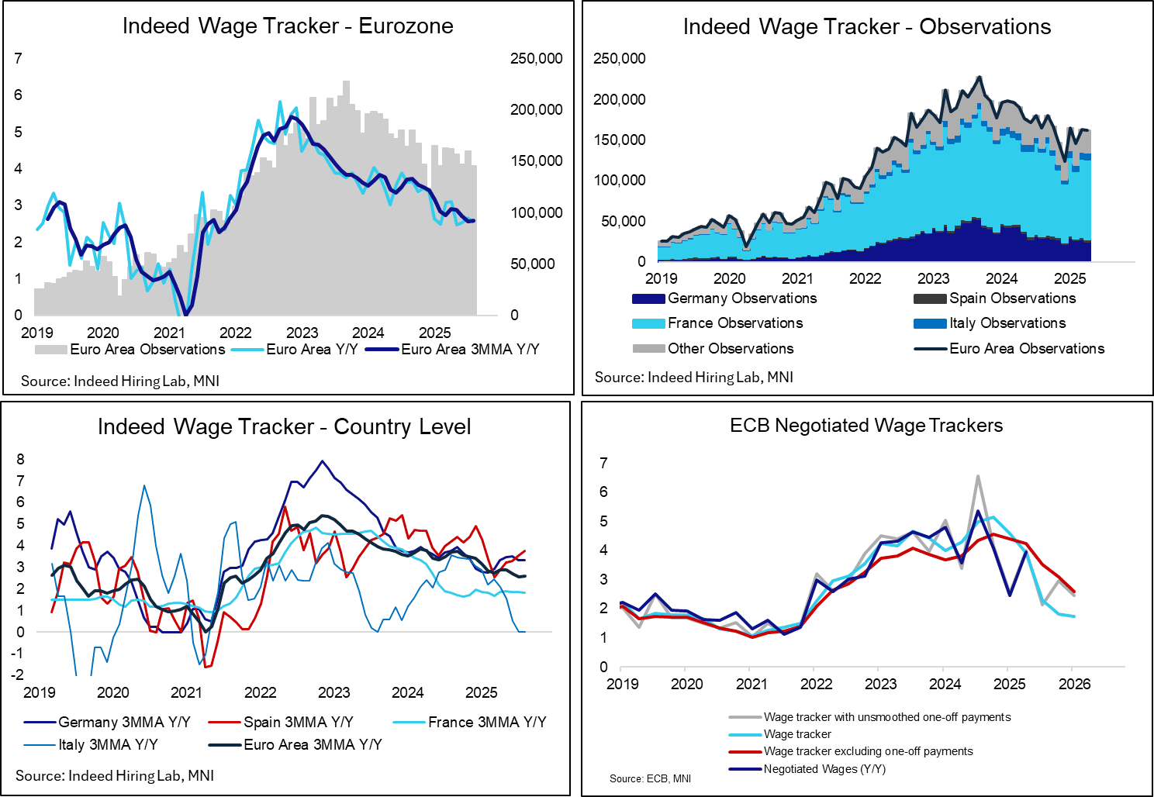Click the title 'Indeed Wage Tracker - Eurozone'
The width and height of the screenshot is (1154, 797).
coord(288,26)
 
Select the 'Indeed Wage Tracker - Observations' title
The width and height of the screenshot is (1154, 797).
coord(866,26)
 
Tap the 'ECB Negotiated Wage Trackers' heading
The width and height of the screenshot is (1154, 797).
coord(866,426)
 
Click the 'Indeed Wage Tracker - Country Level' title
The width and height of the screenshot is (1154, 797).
coord(284,427)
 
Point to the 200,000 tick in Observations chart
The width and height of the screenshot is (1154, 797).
coord(619,99)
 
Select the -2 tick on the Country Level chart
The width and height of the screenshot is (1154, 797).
coord(17,675)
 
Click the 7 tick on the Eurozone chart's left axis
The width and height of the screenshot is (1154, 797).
coord(18,58)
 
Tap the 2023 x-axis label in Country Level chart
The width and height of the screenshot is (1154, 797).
coord(333,692)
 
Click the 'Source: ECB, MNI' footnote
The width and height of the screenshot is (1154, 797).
coord(650,778)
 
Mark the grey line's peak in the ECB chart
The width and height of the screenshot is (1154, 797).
coord(978,476)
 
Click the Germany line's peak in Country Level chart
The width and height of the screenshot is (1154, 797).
coord(323,461)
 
